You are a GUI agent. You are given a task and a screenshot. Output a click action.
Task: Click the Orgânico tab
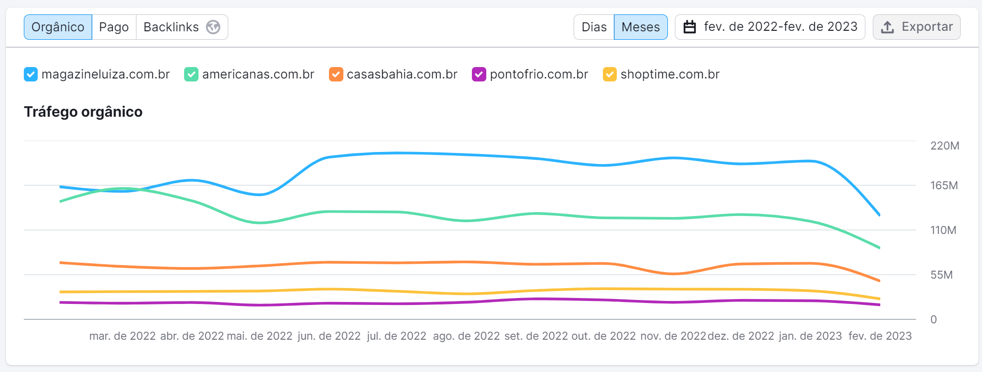(x=58, y=27)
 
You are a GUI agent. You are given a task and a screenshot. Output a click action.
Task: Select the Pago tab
(x=114, y=27)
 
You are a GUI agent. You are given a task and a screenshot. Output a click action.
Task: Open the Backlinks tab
(x=171, y=27)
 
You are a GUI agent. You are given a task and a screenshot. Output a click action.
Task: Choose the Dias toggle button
(x=594, y=27)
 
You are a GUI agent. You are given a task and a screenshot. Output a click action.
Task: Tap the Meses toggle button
(x=641, y=27)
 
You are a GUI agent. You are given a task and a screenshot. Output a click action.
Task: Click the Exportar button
(x=917, y=27)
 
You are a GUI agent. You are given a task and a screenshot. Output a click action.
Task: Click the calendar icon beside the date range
(x=690, y=27)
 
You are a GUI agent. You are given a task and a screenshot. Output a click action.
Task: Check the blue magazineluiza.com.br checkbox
(x=31, y=74)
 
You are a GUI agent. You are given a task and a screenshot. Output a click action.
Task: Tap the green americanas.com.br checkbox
(x=191, y=74)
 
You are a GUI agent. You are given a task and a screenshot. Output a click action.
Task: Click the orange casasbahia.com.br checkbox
(x=336, y=74)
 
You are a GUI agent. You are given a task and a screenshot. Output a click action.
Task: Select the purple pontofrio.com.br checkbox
(x=479, y=74)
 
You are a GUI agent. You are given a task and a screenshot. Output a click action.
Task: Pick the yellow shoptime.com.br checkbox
(x=609, y=74)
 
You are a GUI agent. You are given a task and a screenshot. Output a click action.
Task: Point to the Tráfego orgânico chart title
(x=83, y=112)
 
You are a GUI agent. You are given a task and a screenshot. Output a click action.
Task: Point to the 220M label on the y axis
(x=944, y=146)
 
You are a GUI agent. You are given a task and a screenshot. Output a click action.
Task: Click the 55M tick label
(x=941, y=275)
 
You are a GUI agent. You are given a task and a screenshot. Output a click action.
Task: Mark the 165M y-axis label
(x=944, y=185)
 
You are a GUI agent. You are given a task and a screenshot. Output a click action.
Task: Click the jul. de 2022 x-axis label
(x=396, y=336)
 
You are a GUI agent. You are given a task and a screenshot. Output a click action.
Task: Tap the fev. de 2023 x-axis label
(x=880, y=336)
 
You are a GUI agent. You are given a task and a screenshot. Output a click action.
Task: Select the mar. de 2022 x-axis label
(x=123, y=336)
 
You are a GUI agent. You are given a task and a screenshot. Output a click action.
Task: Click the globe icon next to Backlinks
(x=213, y=27)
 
